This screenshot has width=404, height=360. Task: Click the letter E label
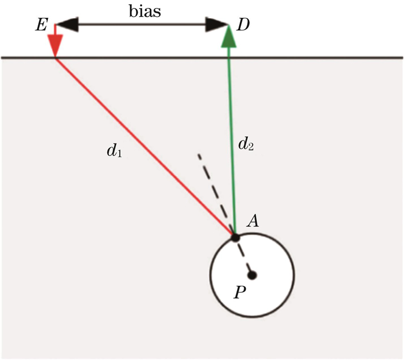tap(40, 25)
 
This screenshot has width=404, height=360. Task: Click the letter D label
tap(242, 25)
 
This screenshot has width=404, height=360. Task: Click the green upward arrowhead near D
tap(228, 37)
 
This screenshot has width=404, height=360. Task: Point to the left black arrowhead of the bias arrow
tap(66, 24)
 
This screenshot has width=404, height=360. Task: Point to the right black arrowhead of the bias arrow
tap(218, 24)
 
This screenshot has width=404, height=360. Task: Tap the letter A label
tap(252, 221)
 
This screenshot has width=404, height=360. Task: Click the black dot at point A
tap(235, 237)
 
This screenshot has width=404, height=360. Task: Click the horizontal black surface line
tap(323, 57)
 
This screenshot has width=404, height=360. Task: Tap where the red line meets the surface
tap(55, 57)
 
